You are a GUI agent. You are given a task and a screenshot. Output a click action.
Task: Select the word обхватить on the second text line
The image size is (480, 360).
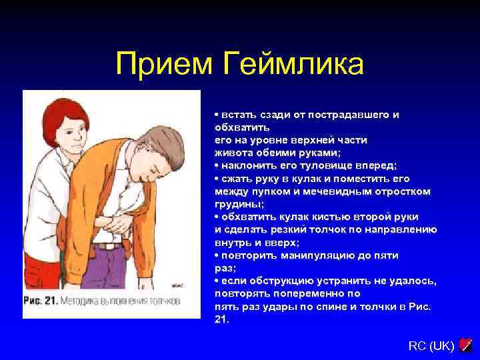[241, 127]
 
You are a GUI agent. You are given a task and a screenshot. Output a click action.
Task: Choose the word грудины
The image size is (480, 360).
[235, 204]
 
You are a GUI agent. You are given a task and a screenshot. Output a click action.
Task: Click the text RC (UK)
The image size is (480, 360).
[431, 345]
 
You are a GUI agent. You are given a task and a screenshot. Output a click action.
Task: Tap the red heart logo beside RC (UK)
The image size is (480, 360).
[466, 345]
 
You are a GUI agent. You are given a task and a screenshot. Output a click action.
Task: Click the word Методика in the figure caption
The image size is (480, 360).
[84, 301]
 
